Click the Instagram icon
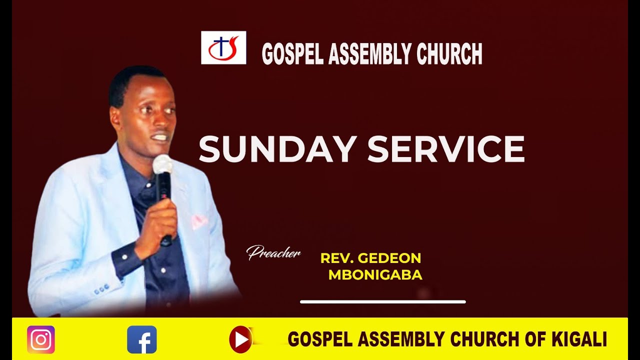pos(41,340)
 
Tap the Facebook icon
pos(142,340)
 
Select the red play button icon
pos(240,339)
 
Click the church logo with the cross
pos(223,47)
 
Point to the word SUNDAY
pos(278,148)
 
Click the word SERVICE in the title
pos(446,148)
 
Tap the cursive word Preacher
pos(273,253)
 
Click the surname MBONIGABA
pos(375,275)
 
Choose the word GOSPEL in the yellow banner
pos(313,339)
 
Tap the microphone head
pos(162,164)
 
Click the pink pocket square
pos(199,221)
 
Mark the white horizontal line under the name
pos(382,302)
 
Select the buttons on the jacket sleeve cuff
pos(101,288)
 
